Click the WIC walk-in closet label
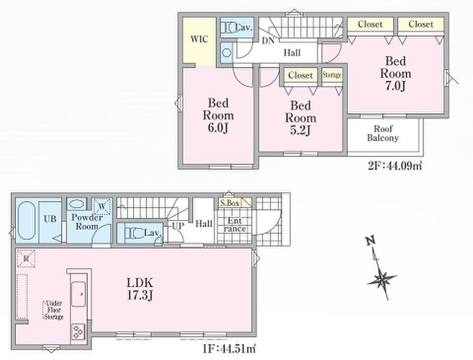199,39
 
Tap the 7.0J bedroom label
396,73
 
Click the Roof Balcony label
383,134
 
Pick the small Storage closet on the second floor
332,75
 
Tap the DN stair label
268,41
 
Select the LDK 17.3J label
140,289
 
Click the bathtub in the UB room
27,222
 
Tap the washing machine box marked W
102,207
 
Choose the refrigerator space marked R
26,259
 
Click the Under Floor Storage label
54,310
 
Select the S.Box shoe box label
229,203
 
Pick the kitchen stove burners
78,332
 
